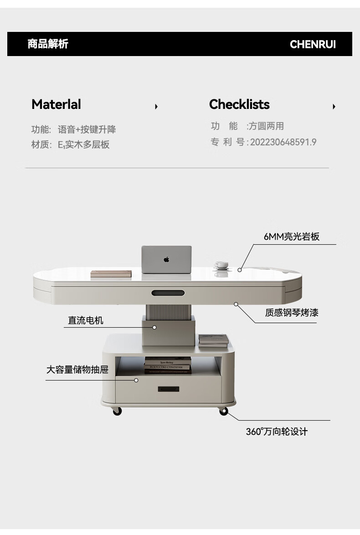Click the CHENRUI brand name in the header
(313, 44)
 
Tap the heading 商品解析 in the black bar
(48, 44)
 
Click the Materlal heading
(56, 104)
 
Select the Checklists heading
(239, 104)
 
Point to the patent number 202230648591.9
(283, 142)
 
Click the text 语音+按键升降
(87, 129)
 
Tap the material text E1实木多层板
(84, 145)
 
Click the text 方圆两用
(266, 126)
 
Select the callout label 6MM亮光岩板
(292, 237)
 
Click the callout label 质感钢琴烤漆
(292, 313)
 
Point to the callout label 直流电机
(86, 320)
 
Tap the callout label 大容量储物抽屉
(77, 369)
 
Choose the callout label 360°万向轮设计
(277, 432)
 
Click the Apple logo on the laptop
(166, 259)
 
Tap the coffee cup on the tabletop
(221, 265)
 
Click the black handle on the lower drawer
(168, 389)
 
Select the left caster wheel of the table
(117, 411)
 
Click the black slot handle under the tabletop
(168, 293)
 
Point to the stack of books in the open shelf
(168, 365)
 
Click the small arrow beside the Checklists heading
(334, 107)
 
